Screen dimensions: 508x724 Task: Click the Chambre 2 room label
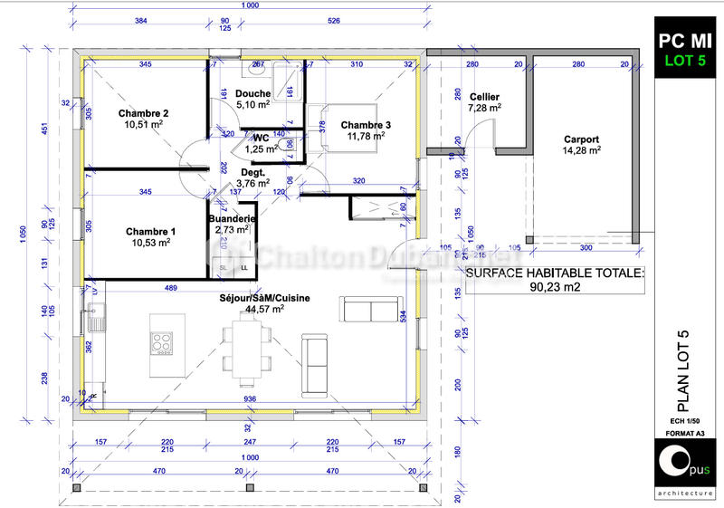pos(144,113)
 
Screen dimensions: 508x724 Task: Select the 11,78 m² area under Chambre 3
pos(367,136)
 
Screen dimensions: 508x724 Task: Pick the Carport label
pos(581,139)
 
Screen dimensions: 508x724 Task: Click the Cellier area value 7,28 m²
pos(485,108)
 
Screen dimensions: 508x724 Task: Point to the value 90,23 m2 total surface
pos(555,287)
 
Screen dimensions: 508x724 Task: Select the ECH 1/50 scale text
pos(684,420)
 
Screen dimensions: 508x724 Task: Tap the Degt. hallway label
pos(252,171)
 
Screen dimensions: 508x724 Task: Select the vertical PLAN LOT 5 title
pos(684,367)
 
